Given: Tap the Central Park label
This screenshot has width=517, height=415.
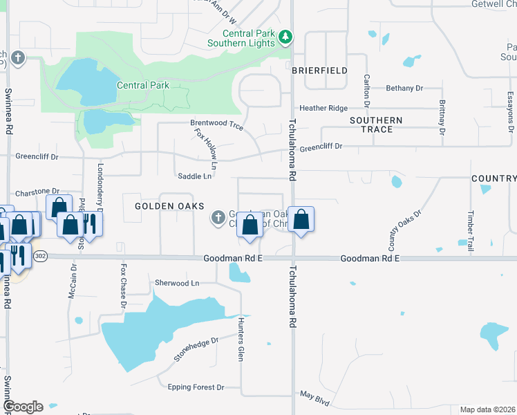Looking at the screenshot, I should (x=143, y=86).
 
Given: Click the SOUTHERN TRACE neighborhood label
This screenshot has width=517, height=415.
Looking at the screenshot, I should (x=376, y=124).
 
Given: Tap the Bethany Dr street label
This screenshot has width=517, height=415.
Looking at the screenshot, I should (x=404, y=88).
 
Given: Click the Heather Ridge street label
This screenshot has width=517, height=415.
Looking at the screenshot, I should (x=323, y=109).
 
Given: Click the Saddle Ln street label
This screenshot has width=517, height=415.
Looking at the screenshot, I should (x=194, y=176).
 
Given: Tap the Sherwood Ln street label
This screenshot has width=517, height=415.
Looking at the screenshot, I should (x=176, y=283).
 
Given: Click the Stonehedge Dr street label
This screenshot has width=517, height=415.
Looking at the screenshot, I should (x=196, y=349).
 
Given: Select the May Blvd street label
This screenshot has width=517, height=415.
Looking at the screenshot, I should (x=314, y=398).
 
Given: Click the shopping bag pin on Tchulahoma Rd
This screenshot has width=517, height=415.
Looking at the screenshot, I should (x=301, y=221).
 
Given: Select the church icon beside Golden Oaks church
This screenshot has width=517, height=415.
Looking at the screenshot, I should (x=218, y=219).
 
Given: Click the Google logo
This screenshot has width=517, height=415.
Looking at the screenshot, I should (x=23, y=407).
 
